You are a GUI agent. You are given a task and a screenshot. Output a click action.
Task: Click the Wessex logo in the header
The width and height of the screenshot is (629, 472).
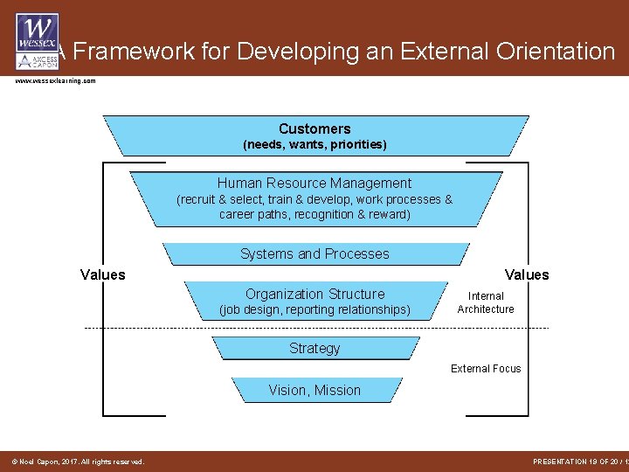coord(38,40)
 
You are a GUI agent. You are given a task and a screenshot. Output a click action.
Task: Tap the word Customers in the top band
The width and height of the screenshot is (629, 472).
coord(314,128)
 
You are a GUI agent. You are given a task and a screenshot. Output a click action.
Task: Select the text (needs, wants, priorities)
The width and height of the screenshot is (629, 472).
coord(314,144)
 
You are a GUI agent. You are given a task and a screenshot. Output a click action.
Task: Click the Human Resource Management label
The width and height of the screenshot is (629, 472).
coord(314,184)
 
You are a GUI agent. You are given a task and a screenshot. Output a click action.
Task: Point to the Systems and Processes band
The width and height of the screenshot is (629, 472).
coord(314,253)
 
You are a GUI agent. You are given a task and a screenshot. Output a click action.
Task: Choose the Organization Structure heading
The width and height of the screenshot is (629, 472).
coord(314,295)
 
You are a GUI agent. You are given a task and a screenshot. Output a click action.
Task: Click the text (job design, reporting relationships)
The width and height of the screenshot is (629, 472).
coord(314,310)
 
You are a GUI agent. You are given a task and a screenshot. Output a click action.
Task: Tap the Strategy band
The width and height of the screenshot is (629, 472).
coord(314,348)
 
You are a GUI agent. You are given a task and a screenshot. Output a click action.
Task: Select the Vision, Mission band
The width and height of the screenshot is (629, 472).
coord(314,390)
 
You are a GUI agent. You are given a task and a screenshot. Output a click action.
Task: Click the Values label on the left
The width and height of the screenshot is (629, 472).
coord(103,275)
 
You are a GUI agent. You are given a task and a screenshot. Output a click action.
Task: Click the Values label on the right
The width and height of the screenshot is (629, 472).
coord(527,275)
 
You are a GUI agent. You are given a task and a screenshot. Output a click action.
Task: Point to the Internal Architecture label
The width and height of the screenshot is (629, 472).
coord(486,302)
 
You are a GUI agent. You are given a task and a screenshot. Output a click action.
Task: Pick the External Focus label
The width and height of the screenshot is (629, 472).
coord(486,369)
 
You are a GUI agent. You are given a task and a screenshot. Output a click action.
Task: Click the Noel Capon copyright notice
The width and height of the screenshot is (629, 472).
coord(77,462)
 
